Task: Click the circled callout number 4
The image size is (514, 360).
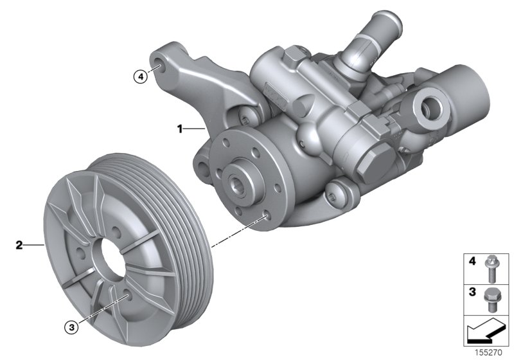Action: tap(140, 76)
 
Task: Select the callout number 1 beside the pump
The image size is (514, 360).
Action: tap(181, 129)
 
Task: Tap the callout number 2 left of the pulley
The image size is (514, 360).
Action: tap(19, 244)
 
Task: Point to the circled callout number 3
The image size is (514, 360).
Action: tap(73, 327)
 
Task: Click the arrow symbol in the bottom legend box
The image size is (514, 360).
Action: tap(483, 332)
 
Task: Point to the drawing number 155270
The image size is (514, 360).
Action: tap(488, 352)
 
